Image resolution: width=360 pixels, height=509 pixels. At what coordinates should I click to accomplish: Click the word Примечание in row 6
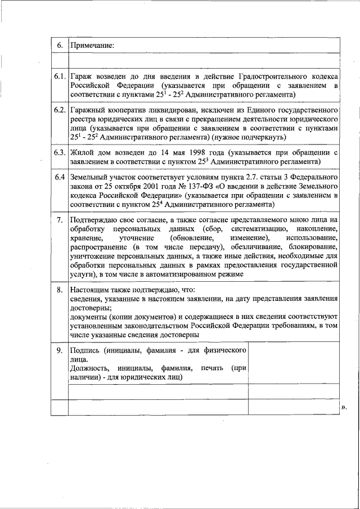point(92,44)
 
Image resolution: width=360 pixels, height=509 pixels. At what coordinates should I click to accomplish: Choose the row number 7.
point(60,219)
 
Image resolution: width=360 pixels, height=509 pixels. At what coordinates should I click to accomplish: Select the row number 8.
point(60,290)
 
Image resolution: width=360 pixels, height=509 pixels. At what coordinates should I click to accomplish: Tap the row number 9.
point(60,350)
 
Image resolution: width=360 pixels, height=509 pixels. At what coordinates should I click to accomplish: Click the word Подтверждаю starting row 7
point(94,219)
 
